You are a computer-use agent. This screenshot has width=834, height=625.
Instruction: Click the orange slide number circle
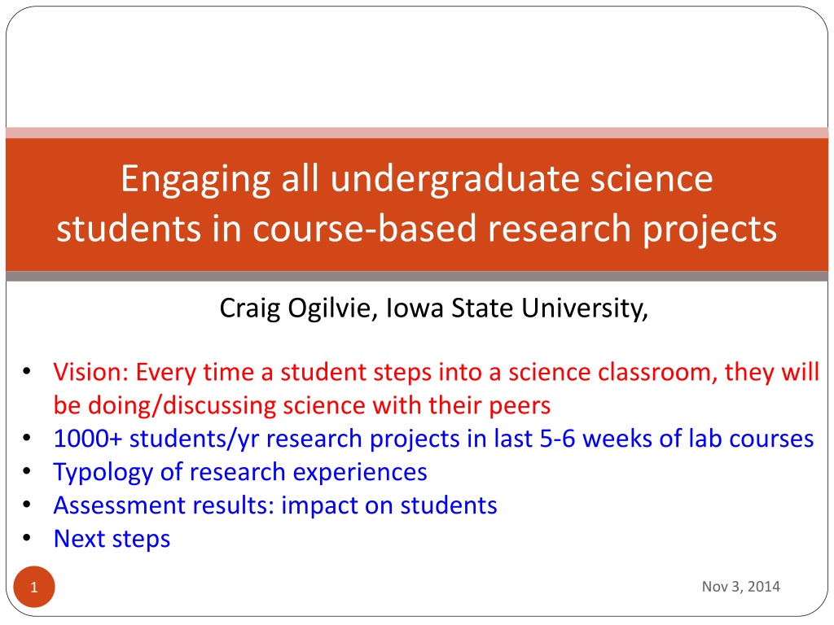click(34, 587)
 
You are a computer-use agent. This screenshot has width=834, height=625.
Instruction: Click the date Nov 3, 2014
click(740, 586)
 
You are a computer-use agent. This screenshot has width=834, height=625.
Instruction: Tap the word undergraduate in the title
click(454, 180)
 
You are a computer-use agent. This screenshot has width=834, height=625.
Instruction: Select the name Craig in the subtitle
click(250, 308)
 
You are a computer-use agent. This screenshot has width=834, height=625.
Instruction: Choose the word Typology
click(103, 473)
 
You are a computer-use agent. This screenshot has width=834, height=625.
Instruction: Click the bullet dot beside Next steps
click(27, 538)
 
